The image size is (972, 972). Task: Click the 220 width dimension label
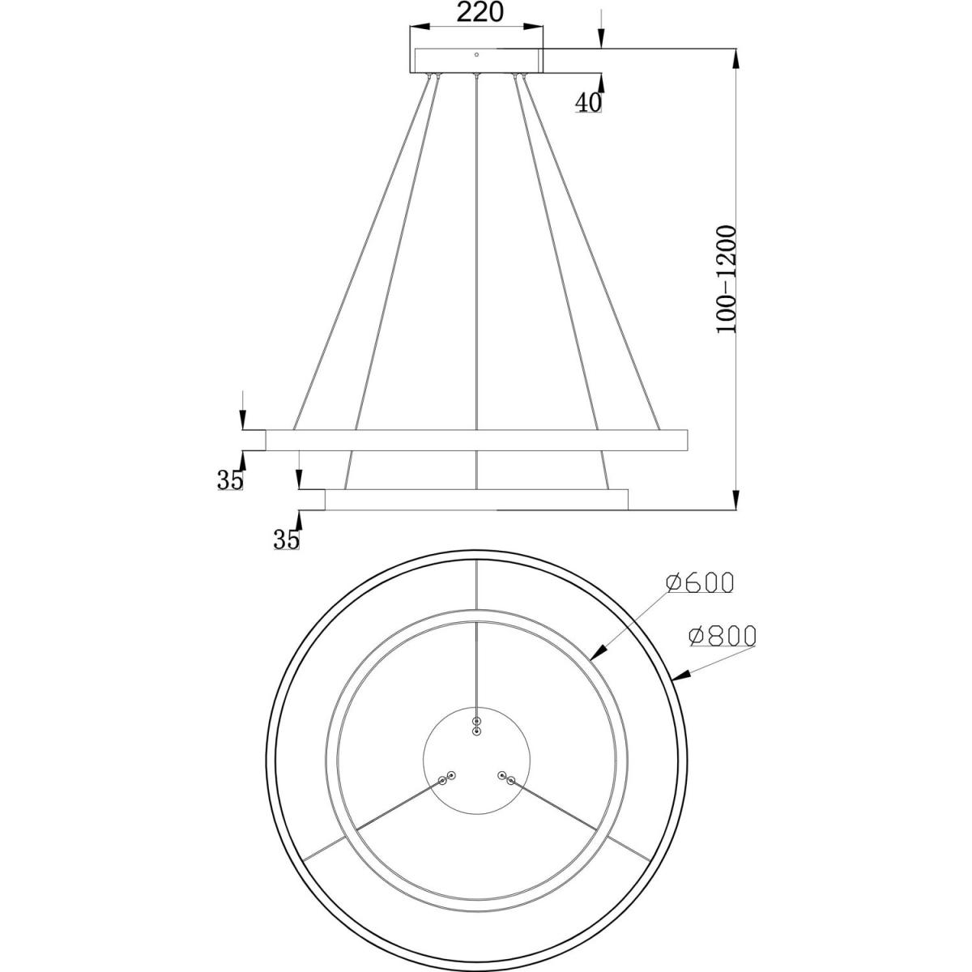pos(480,13)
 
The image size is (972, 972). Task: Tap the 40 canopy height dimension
pos(589,102)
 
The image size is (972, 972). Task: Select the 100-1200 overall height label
pos(727,279)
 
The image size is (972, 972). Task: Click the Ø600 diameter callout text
pos(699,583)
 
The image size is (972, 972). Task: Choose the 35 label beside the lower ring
pos(286,539)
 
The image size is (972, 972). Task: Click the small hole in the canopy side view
pos(476,54)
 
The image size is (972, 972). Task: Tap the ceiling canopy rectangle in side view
pos(477,61)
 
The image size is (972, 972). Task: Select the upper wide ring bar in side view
pos(476,440)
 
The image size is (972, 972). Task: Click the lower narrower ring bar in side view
pos(476,500)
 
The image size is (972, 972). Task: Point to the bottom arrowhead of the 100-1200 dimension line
pos(736,500)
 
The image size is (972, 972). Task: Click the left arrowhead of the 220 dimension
pos(420,26)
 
